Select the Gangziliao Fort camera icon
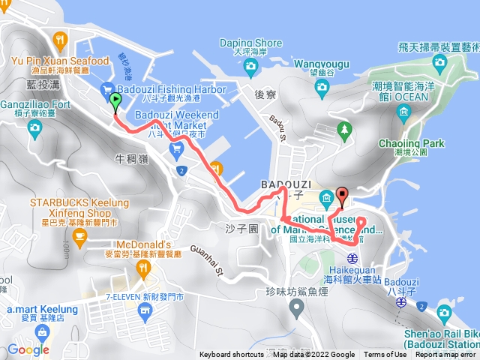tap(34, 128)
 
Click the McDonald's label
tap(149, 245)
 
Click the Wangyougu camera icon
tap(322, 88)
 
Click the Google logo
tap(28, 349)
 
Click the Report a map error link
tap(445, 355)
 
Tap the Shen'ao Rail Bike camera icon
tap(425, 309)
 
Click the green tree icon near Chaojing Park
tap(344, 130)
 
